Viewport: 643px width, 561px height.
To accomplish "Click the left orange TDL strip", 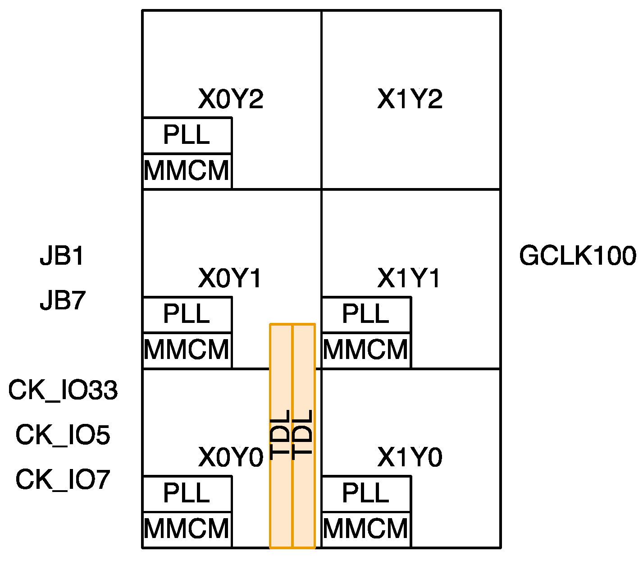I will pos(281,436).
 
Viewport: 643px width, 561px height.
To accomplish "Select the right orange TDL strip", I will pos(304,436).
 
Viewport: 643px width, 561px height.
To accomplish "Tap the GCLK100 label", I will pos(577,256).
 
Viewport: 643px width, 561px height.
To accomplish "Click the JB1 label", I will pos(62,256).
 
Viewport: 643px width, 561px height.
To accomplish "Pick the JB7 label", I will pos(62,300).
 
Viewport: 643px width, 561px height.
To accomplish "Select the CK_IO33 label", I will pos(63,391).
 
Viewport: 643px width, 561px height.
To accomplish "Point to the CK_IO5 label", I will pos(63,435).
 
